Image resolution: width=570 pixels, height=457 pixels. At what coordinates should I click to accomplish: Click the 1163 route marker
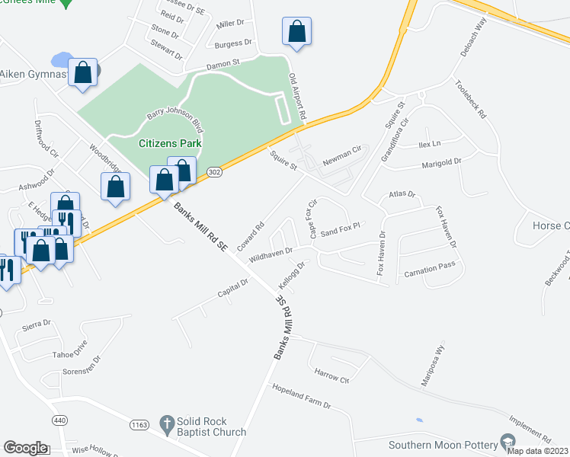pos(139,424)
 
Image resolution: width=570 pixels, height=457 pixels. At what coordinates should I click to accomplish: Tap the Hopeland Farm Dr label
pos(302,396)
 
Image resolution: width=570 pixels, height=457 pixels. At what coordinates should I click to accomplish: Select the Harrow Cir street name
pos(331,374)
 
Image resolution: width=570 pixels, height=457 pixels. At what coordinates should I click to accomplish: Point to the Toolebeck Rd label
pos(471,99)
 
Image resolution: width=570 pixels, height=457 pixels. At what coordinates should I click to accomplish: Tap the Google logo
pos(25,448)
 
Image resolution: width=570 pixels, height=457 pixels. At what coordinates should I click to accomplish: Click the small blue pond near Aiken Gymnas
pos(60,59)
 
